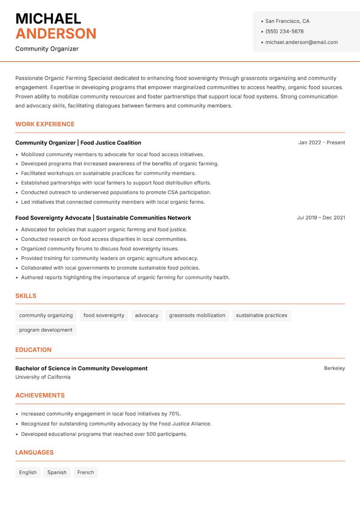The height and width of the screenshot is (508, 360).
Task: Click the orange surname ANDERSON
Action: pos(56,34)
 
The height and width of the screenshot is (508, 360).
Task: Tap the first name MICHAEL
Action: pos(48,18)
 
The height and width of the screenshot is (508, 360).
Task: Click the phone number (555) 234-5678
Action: pos(284,31)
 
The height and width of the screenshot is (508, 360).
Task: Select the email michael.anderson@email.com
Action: pos(301,42)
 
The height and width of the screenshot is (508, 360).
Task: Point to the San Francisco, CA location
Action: pos(287,21)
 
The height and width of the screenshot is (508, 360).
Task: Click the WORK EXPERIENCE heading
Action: pos(45,124)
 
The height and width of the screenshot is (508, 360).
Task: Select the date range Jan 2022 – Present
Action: pos(321,143)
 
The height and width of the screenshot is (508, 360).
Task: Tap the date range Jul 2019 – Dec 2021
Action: pos(321,218)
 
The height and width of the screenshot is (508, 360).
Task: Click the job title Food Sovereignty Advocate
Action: pos(53,218)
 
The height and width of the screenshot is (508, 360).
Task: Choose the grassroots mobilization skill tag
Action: pos(197,315)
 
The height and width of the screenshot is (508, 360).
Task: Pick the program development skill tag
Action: pos(45,330)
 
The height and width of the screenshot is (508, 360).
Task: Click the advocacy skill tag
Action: pos(147,315)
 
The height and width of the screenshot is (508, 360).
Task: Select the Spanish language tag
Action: pos(57,472)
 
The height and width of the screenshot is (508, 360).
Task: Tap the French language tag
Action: pos(85,472)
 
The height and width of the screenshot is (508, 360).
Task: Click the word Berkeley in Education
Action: pos(334,368)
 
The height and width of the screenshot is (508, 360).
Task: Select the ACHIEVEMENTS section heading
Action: pos(40,395)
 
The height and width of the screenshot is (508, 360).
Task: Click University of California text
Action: pos(43,377)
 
